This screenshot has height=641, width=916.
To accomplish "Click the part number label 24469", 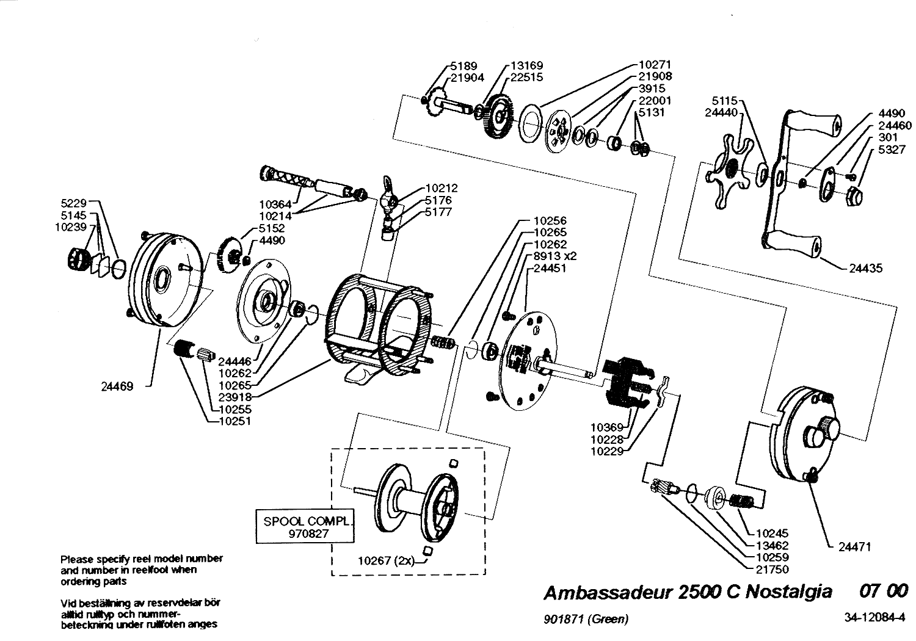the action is (117, 386).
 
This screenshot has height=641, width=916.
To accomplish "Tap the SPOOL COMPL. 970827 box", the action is (305, 526).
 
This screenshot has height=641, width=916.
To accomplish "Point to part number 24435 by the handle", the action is (866, 268).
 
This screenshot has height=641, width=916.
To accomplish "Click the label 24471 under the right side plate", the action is (855, 546).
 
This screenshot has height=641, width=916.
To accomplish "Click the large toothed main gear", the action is (499, 117).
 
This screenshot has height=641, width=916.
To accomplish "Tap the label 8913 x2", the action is (554, 256).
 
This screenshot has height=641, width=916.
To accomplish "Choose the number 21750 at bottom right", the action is (772, 569).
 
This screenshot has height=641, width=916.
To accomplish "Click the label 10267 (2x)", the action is (387, 561).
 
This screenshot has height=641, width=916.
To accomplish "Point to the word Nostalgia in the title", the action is (789, 592).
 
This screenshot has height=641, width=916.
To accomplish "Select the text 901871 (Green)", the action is (586, 620).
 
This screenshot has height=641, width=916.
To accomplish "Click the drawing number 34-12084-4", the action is (874, 617).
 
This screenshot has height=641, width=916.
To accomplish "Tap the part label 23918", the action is (234, 397).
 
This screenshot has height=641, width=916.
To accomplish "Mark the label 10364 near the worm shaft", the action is (275, 204).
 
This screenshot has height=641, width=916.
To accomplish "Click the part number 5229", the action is (74, 203).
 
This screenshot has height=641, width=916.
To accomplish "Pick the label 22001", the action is (655, 100).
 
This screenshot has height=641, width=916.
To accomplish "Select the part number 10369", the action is (607, 427).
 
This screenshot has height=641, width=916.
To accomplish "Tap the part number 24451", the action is (550, 268).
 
